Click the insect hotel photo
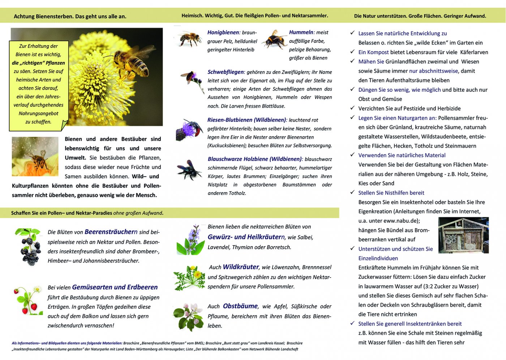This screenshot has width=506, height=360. (463, 235)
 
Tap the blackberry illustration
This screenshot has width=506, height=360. (29, 247)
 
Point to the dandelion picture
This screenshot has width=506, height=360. (189, 277)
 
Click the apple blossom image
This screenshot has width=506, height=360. (189, 316)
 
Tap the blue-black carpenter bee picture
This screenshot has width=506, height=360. (189, 169)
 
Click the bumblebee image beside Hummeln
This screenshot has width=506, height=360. (274, 39)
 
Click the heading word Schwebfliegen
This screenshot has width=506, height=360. (226, 72)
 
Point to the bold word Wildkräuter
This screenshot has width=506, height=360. (241, 267)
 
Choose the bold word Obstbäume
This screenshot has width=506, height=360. (240, 306)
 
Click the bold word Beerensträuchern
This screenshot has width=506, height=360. (111, 232)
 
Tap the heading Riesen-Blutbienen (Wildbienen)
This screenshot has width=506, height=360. (247, 120)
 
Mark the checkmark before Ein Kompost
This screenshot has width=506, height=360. (352, 52)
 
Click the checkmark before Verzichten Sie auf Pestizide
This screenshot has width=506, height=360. (352, 108)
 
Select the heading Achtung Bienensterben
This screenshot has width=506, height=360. (70, 16)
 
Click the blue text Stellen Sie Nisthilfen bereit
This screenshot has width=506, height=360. (391, 193)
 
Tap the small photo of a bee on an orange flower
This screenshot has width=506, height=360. (35, 156)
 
